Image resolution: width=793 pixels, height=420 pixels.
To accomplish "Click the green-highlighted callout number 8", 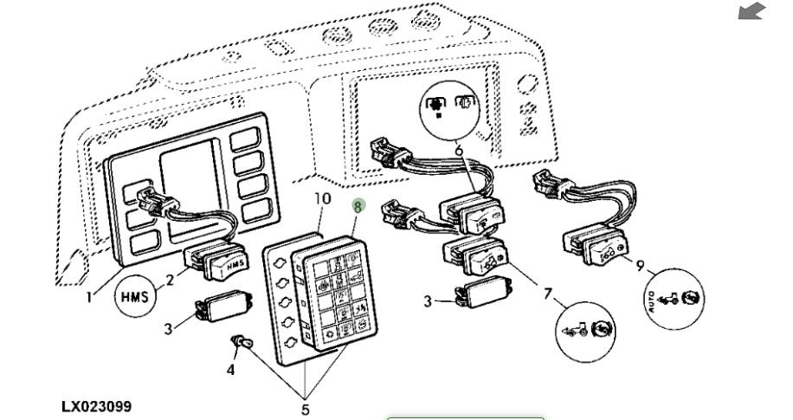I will (x=358, y=206).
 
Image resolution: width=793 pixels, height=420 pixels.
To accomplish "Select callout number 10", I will (x=322, y=198).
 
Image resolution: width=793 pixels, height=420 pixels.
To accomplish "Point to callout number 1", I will (x=89, y=296).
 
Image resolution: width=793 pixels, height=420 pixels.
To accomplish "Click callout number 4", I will (x=230, y=370).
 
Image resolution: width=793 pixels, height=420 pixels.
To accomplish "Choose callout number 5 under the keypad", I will (x=305, y=407).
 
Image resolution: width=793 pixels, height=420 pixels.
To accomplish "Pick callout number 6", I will (x=459, y=151).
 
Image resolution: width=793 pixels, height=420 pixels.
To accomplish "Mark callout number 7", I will (x=547, y=295).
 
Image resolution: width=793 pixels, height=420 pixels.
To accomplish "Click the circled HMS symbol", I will (x=134, y=296).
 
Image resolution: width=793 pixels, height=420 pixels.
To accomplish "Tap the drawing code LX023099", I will (x=97, y=406).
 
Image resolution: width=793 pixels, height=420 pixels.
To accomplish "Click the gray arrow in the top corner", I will (x=752, y=11).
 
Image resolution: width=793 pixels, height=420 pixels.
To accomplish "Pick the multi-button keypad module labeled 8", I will (x=332, y=294).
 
